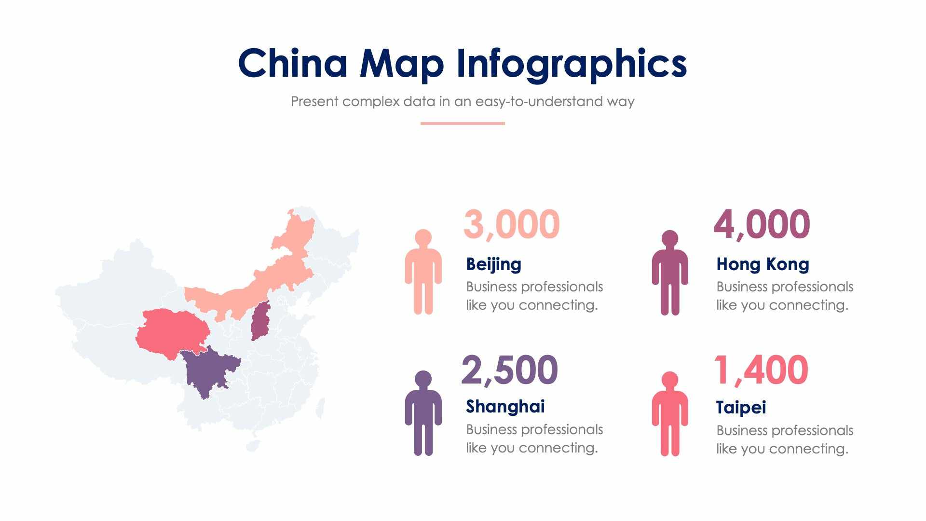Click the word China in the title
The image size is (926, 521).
tap(293, 63)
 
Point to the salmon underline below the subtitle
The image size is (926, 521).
tap(463, 123)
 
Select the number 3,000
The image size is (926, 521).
tap(511, 224)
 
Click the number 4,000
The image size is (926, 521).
tap(762, 224)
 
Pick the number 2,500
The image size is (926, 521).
tap(509, 370)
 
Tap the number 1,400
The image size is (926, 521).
tap(761, 370)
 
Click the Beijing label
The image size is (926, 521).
tap(493, 264)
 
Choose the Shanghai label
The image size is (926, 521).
tap(505, 407)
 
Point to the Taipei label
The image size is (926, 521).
tap(741, 408)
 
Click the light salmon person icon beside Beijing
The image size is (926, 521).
tap(423, 273)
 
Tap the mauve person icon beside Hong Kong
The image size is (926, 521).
tap(670, 273)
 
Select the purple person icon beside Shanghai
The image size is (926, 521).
tap(423, 413)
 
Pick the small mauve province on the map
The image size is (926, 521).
tap(260, 321)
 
